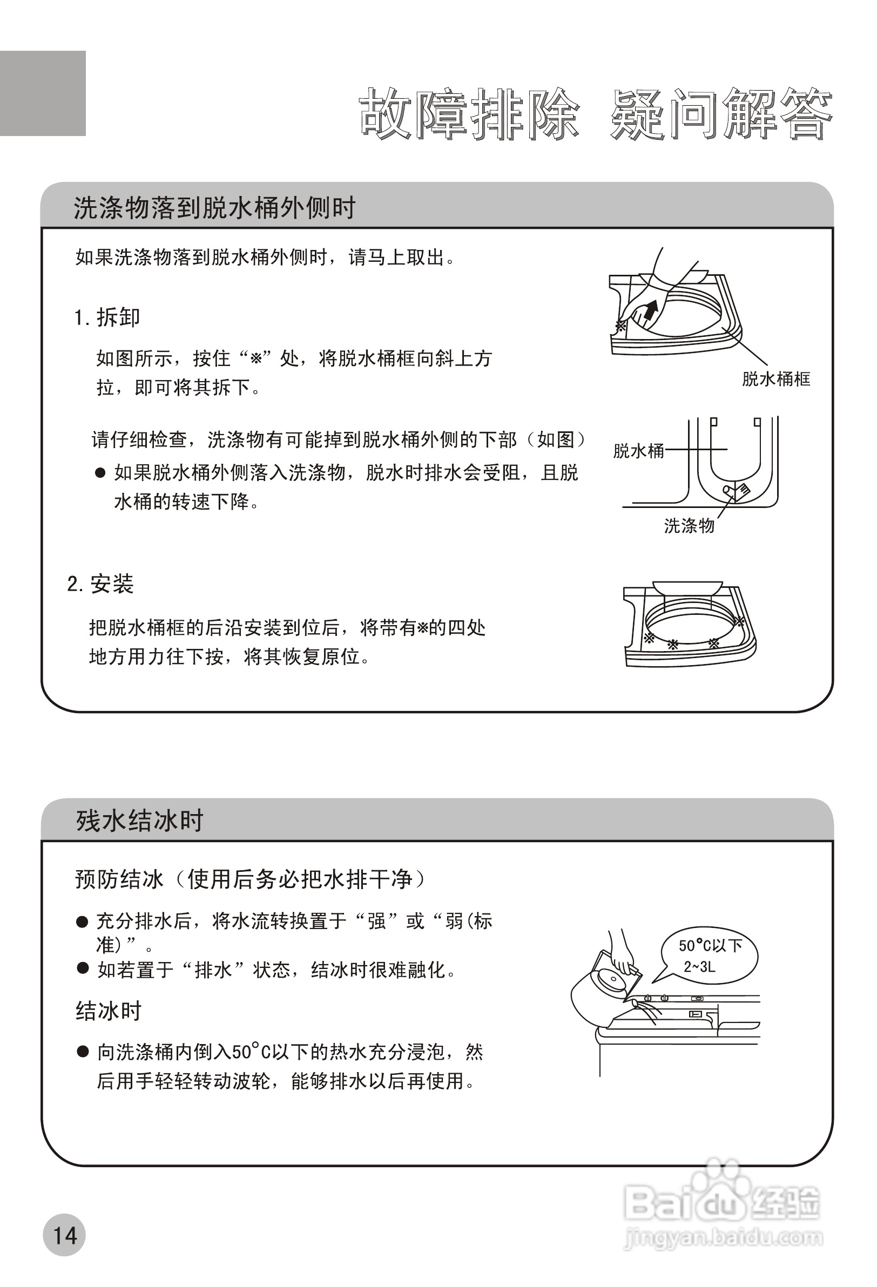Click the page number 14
(64, 1235)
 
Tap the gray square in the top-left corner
(43, 93)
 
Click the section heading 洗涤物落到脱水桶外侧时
(214, 208)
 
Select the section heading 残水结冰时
(140, 821)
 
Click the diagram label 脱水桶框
(775, 380)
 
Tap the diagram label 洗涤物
(689, 526)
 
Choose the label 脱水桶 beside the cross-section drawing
(638, 451)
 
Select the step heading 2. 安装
(100, 584)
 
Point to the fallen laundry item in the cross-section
(736, 490)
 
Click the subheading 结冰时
(109, 1011)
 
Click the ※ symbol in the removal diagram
(620, 326)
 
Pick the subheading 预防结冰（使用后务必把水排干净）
(251, 879)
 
